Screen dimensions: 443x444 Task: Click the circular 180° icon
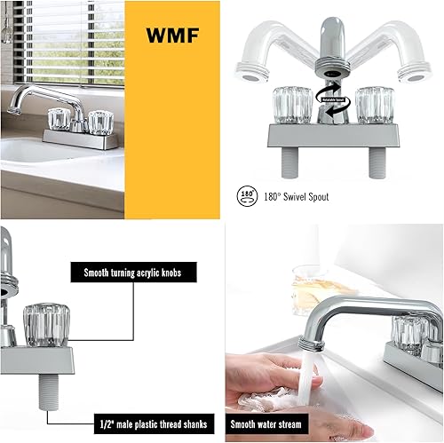(x=246, y=195)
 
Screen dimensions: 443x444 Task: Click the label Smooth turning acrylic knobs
(x=133, y=273)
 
